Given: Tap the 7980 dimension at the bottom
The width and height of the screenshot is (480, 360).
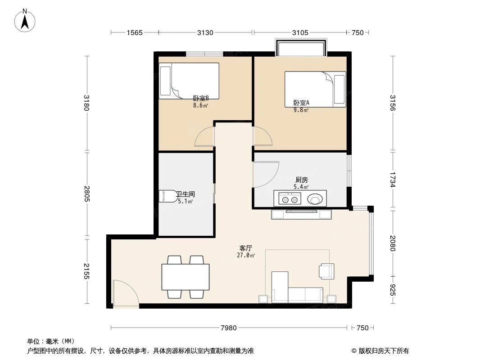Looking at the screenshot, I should click(229, 328).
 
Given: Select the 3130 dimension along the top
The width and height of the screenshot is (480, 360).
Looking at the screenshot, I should click(205, 32).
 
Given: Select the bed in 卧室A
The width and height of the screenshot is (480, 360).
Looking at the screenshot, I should click(315, 89).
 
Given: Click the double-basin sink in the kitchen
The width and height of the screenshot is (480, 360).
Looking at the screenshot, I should click(288, 198).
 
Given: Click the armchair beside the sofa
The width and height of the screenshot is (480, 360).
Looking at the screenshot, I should click(326, 270).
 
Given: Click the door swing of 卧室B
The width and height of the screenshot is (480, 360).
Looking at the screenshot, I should click(204, 137).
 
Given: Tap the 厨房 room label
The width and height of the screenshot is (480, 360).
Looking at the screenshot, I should click(301, 180).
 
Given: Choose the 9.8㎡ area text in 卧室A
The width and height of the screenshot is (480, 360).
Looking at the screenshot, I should click(301, 110).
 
